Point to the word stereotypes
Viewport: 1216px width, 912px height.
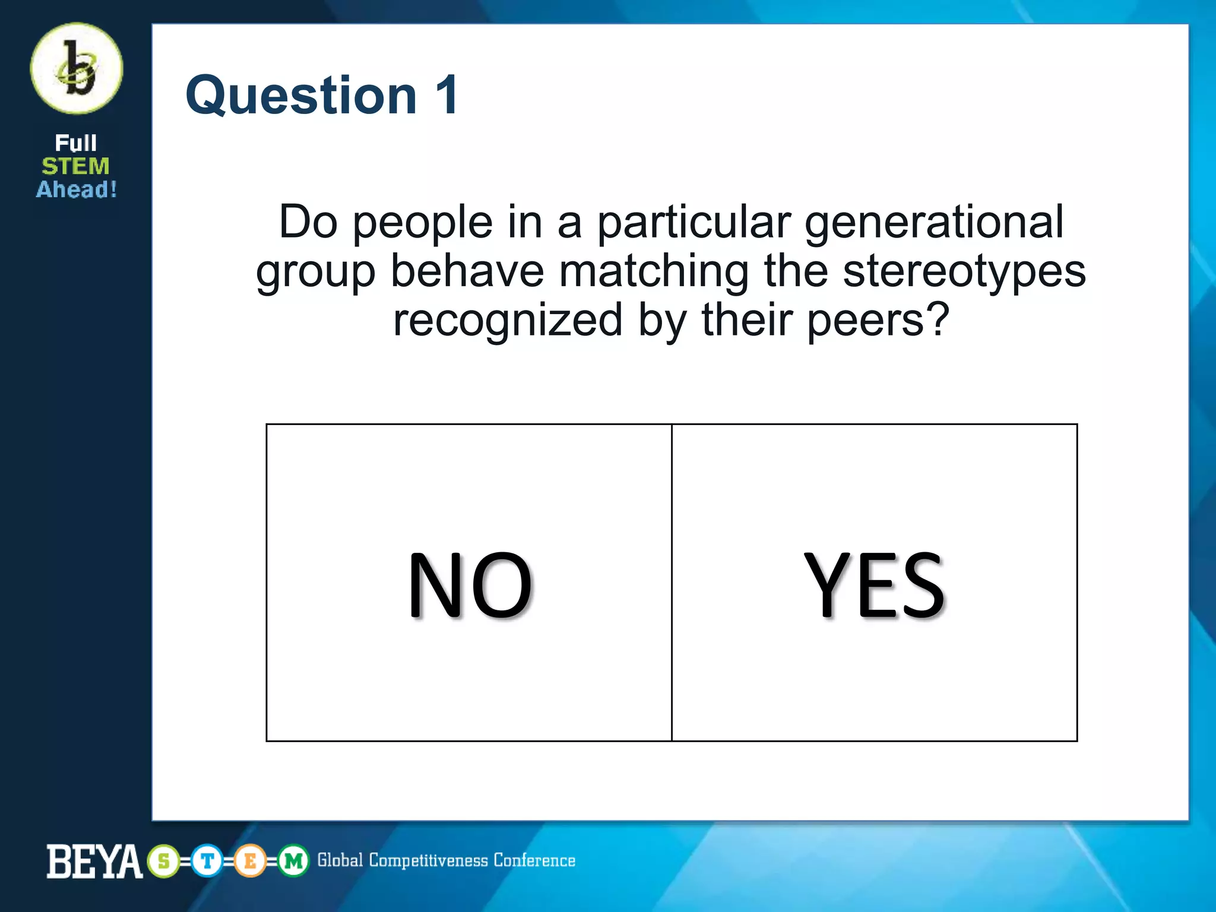(x=964, y=271)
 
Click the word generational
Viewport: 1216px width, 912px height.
(x=934, y=222)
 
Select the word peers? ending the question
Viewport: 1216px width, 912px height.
(x=878, y=320)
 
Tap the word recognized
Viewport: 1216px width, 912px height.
(x=508, y=321)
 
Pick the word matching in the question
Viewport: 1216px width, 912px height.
(x=654, y=273)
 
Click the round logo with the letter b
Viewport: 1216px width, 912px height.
(x=77, y=68)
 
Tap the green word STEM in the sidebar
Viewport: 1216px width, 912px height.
(x=75, y=166)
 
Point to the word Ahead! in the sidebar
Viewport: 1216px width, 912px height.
(x=77, y=189)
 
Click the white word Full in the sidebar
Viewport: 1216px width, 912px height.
(x=75, y=143)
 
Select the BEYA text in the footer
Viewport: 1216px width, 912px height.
(x=94, y=862)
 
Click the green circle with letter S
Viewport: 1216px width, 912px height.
(x=164, y=861)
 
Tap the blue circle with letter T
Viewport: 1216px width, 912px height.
(x=207, y=861)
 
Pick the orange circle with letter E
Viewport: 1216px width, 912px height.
(x=250, y=861)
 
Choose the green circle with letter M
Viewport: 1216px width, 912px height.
(x=293, y=861)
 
